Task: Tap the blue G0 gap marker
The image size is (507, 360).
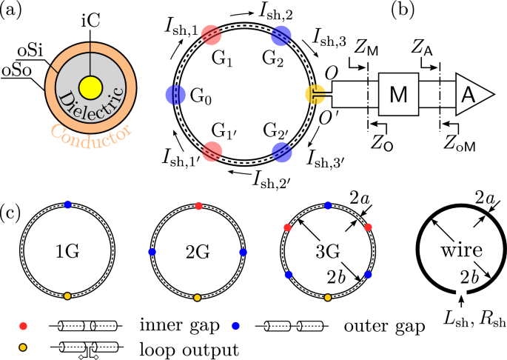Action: point(176,95)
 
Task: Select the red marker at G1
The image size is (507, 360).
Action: point(211,35)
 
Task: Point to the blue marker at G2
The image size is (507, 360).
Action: point(282,35)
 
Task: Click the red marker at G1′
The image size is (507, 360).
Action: point(211,151)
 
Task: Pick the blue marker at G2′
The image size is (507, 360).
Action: point(281,152)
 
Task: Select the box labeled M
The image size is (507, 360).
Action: point(399,94)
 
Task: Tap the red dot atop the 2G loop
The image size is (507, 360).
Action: point(197,204)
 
